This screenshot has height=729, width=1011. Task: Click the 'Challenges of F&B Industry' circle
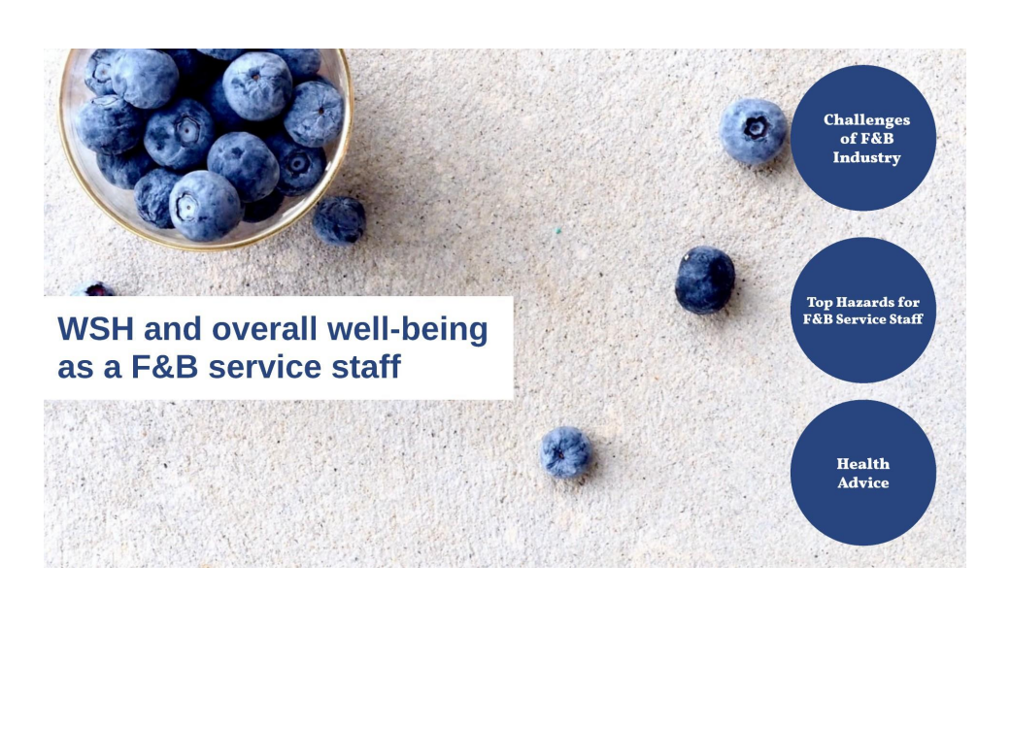[862, 138]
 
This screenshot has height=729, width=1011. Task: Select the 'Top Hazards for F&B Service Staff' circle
[862, 310]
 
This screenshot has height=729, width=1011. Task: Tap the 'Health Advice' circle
[862, 473]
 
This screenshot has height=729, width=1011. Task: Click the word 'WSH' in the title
[95, 329]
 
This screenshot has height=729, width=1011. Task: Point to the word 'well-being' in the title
[408, 330]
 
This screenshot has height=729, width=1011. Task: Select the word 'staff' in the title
[366, 367]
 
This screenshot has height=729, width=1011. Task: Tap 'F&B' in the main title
[164, 367]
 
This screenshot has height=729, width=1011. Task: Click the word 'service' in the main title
[265, 367]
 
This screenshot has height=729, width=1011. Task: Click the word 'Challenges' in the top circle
[866, 120]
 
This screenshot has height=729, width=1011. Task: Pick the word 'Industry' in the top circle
[866, 158]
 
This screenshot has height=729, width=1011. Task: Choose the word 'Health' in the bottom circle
[862, 464]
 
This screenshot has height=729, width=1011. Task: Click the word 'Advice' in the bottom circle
[862, 482]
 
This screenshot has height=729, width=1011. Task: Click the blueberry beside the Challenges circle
[753, 131]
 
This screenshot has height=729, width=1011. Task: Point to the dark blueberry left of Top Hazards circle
[705, 280]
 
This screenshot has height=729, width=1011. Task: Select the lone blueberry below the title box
[565, 451]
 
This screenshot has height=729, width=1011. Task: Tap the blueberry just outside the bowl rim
[339, 220]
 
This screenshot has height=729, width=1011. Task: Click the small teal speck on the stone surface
[559, 230]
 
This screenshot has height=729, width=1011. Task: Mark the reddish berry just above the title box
[97, 289]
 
